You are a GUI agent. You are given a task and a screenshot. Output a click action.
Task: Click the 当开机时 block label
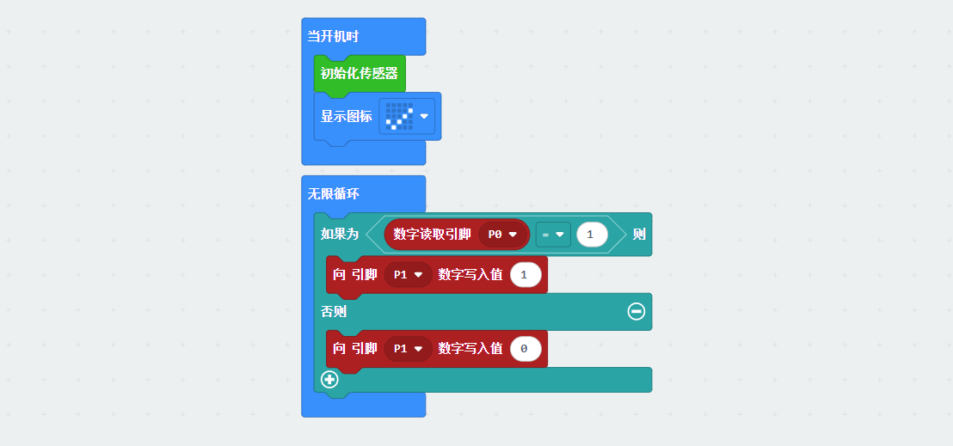333,36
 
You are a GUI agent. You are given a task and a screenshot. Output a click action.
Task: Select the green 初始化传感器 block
360,74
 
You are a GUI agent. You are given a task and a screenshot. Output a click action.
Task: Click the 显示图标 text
347,116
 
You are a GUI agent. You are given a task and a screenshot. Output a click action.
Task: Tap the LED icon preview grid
399,116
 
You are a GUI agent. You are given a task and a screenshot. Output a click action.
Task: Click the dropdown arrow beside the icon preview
424,116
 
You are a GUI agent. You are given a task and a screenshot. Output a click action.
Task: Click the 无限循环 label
334,194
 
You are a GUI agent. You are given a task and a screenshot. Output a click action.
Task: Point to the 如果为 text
340,234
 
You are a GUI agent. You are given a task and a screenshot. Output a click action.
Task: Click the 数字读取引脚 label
432,234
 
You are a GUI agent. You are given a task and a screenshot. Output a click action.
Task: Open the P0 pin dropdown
503,234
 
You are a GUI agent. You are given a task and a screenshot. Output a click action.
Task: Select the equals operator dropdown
552,234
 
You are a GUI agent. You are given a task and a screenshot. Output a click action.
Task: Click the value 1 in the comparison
591,234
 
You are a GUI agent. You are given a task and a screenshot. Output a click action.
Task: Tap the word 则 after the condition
639,234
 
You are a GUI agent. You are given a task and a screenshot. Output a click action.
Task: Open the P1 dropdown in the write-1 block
409,275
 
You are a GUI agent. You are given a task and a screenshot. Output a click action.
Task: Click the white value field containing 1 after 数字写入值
526,275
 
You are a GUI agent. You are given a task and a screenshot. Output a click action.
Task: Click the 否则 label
334,311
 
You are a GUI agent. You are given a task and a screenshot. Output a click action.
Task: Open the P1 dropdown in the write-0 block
409,348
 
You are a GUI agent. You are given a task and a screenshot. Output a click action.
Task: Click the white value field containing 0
526,348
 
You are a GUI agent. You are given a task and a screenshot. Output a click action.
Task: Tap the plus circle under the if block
329,379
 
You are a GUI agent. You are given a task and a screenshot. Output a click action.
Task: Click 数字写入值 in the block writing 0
470,348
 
